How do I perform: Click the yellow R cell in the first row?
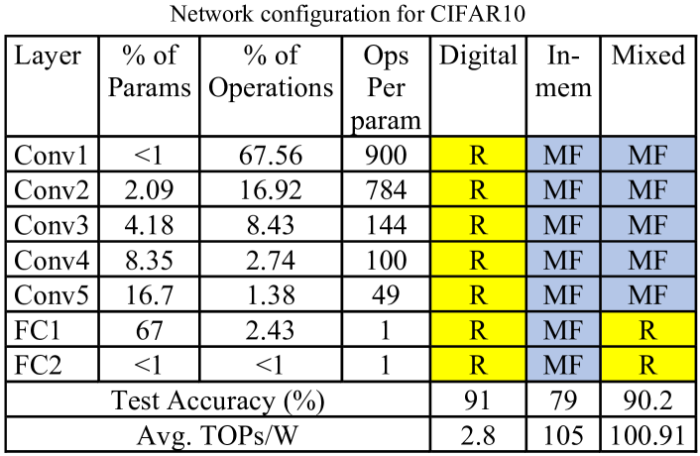[x=478, y=155]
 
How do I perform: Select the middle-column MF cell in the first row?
[x=563, y=155]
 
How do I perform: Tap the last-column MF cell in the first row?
[x=647, y=155]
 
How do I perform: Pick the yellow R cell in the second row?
[x=478, y=189]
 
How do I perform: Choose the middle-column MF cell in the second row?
[x=563, y=189]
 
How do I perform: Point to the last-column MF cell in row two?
[x=647, y=189]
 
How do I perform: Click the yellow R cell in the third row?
[x=478, y=224]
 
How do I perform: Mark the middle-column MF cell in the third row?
[x=563, y=224]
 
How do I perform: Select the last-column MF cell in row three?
[x=647, y=224]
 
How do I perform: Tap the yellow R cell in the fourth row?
[x=478, y=260]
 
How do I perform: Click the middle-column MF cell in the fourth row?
[x=563, y=260]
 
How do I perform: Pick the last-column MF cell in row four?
[x=647, y=260]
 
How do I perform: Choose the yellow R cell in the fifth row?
[x=478, y=294]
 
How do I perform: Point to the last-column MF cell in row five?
[x=647, y=294]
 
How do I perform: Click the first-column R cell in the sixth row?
[x=478, y=329]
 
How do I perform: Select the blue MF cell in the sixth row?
[x=563, y=329]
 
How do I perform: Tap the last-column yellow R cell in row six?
[x=647, y=329]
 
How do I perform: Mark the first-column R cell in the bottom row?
[x=478, y=364]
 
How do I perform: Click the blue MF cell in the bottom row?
[x=563, y=364]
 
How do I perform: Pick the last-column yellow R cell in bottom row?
[x=647, y=364]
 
